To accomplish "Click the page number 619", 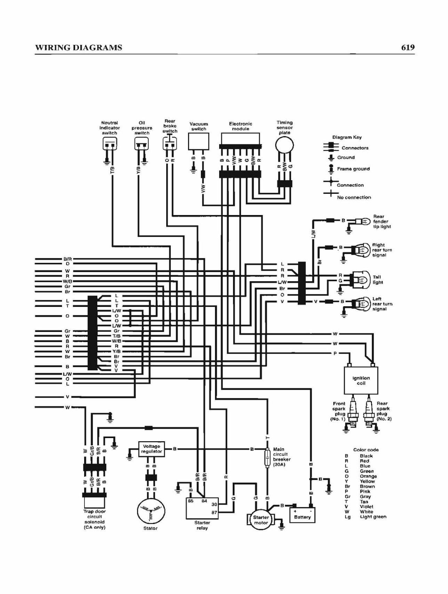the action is point(408,47).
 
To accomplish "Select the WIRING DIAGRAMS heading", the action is point(79,48).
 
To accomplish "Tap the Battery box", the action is point(302,515).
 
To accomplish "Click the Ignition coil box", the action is point(361,380).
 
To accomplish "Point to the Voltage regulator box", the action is point(151,449).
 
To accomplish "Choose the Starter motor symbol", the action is point(261,520).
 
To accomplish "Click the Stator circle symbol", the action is point(151,511).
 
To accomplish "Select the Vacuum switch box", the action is point(199,141).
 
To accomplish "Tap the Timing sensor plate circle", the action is point(285,145).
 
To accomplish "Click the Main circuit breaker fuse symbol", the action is point(267,457).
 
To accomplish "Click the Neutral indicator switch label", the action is point(110,128).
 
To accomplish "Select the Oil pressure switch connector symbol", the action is point(142,143).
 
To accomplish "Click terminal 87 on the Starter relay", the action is point(214,512).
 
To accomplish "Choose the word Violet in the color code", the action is point(367,507).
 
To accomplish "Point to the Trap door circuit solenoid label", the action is point(94,519).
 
